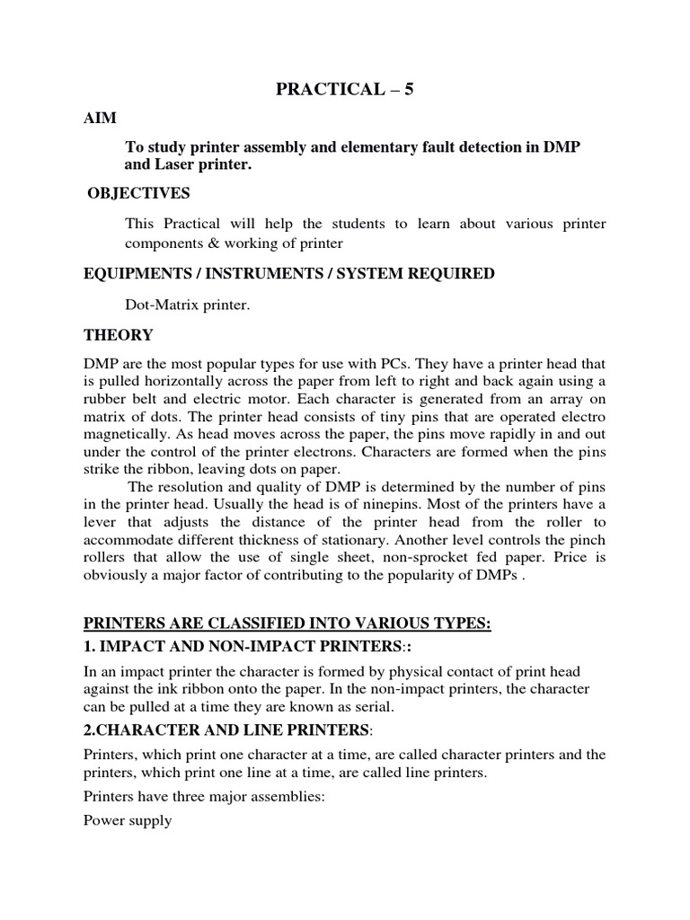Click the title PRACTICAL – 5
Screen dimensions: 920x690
point(344,90)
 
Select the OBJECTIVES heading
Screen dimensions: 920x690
point(139,193)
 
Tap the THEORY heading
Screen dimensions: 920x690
point(118,335)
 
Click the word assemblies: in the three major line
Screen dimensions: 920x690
point(307,796)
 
